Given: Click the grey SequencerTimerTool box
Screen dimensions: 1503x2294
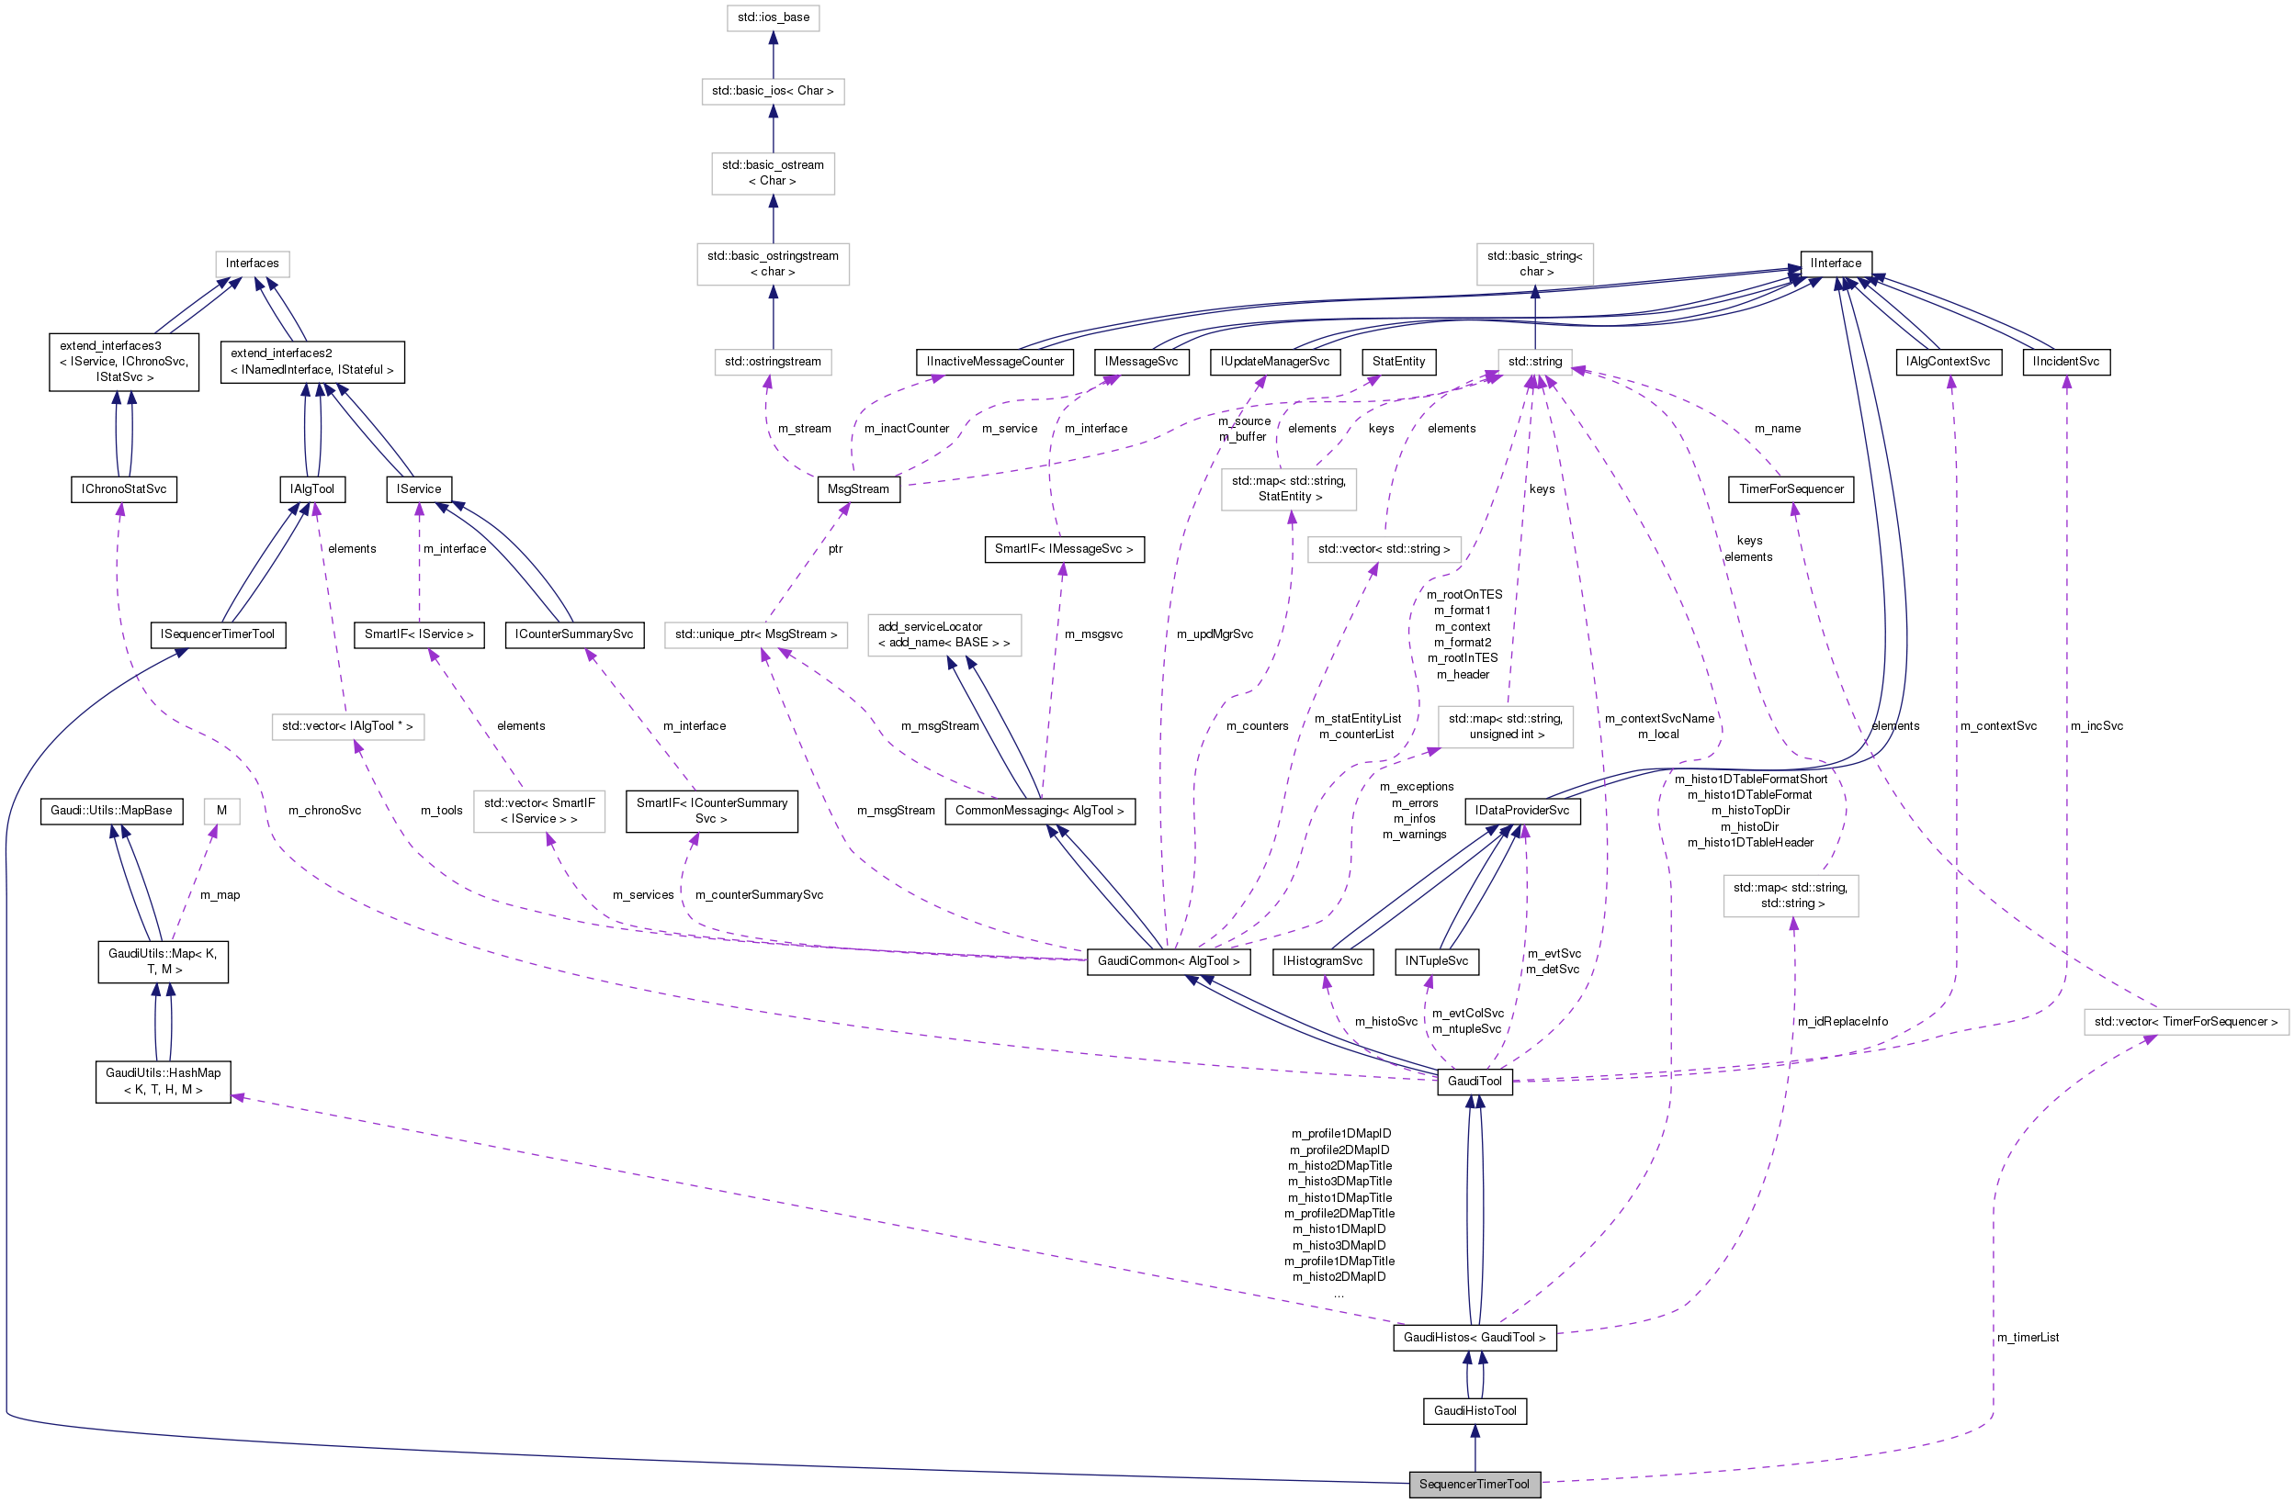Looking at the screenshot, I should (1474, 1484).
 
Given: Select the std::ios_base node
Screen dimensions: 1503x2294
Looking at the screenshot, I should (773, 17).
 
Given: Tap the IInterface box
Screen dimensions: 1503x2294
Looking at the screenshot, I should (1836, 263).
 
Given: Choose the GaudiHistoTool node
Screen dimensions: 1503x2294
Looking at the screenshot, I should (1474, 1410).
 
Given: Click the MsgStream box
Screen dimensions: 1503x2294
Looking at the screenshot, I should (858, 488).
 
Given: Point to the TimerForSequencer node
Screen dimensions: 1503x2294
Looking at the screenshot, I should (1791, 488).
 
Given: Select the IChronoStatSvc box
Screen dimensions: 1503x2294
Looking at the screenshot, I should (123, 488).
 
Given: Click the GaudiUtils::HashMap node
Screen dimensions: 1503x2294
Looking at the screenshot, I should (163, 1081).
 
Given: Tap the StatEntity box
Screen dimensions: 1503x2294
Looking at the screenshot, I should (1397, 362).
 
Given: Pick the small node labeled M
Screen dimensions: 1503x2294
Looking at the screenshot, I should (221, 811).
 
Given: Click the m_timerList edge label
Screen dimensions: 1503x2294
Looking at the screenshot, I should (2027, 1338).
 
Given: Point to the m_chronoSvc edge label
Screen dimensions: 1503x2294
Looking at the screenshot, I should (324, 811).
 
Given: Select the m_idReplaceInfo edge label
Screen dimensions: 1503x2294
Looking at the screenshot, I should (1842, 1021).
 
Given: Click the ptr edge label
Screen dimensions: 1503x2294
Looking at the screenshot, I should (835, 548).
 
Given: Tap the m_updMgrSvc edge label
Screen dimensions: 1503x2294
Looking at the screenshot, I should (1215, 634).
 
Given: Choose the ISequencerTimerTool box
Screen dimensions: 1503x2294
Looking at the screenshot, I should (218, 634).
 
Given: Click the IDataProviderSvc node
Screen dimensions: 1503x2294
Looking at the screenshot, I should (1521, 811).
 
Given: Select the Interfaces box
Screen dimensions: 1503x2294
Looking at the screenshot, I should (252, 263).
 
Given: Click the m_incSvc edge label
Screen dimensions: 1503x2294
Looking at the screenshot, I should (2096, 725).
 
